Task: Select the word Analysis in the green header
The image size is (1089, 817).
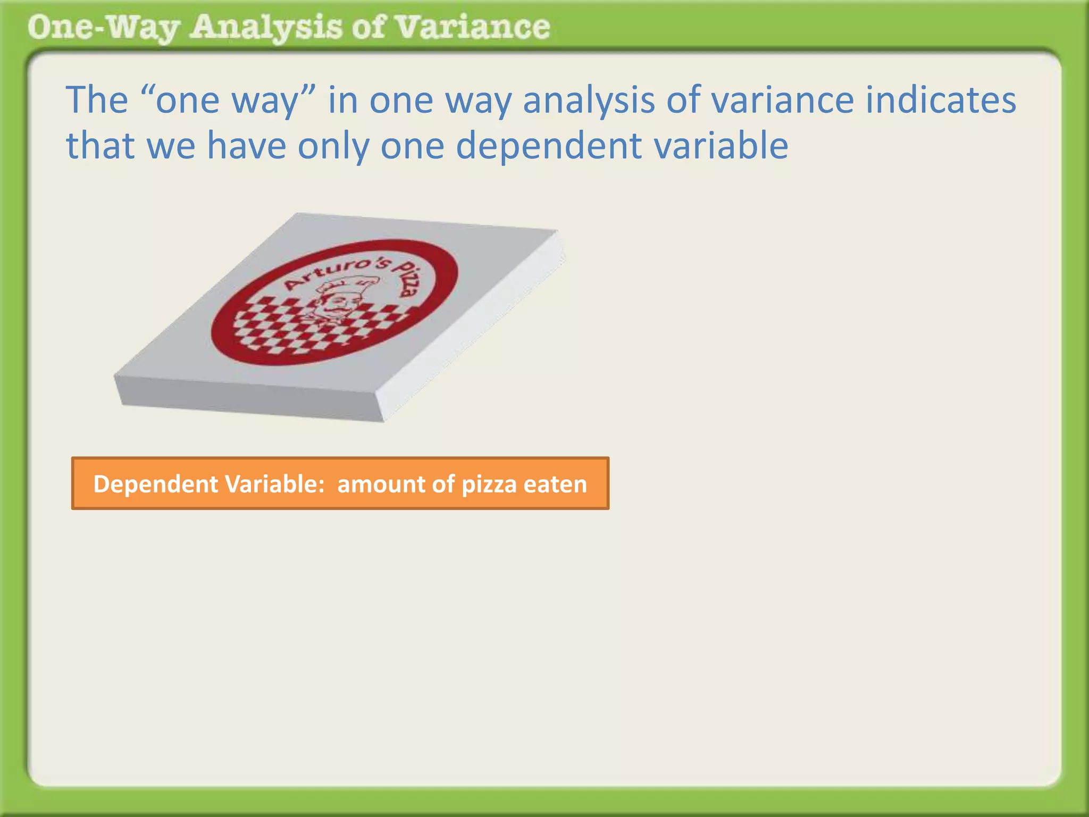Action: (265, 28)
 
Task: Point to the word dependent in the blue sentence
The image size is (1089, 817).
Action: (548, 146)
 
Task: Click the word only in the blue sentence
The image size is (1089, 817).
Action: (333, 147)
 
